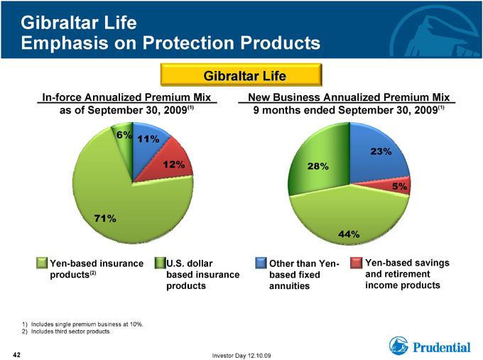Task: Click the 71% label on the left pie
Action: [105, 218]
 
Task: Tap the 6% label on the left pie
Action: [124, 135]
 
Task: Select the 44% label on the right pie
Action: [349, 234]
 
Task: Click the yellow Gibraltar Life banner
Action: [241, 75]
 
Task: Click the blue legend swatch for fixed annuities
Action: [261, 263]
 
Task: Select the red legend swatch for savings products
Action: [356, 263]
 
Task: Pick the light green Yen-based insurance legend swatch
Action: [42, 263]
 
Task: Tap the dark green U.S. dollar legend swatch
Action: [161, 263]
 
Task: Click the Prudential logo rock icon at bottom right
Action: [398, 346]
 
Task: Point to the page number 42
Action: [16, 355]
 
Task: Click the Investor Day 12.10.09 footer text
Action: [241, 356]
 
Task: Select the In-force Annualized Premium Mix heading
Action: [126, 97]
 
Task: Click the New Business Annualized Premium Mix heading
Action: [349, 97]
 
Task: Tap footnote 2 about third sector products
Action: [66, 332]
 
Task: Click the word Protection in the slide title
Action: [188, 43]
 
